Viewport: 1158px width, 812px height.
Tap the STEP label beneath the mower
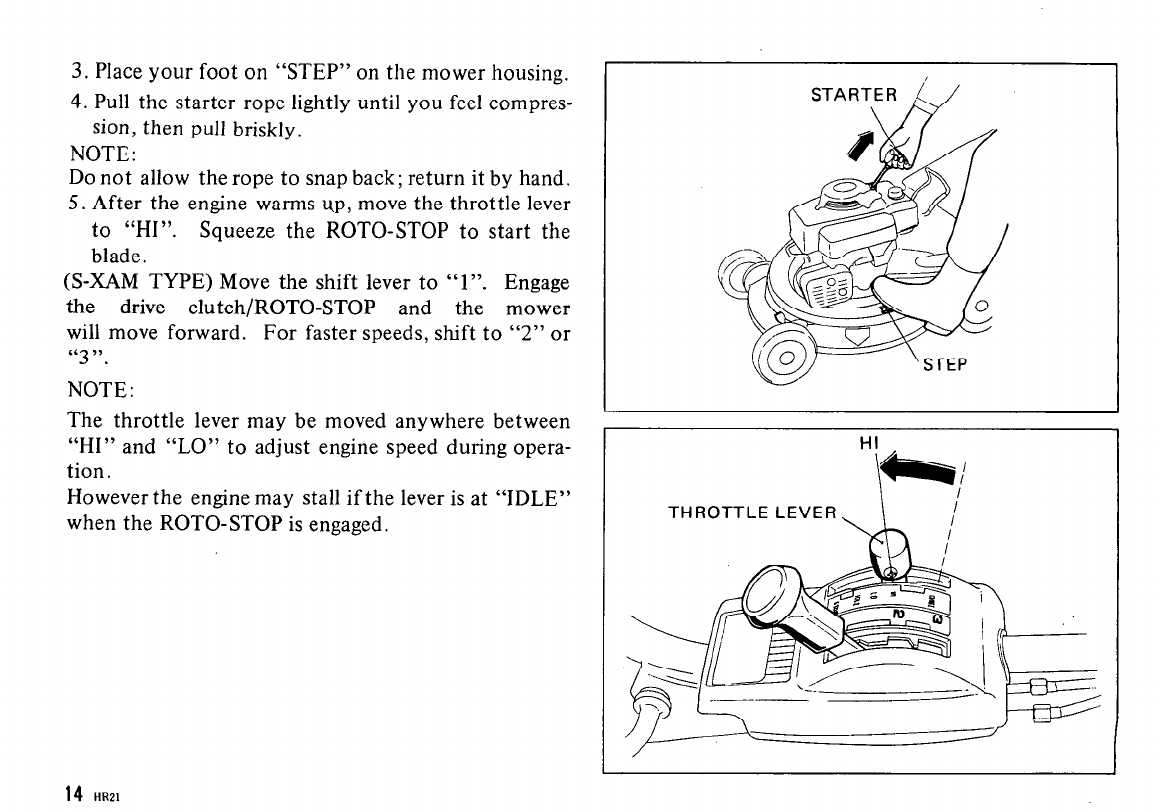[935, 365]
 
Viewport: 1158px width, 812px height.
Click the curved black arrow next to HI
[924, 470]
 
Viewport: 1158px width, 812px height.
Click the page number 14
[72, 795]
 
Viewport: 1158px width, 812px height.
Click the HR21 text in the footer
[105, 797]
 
